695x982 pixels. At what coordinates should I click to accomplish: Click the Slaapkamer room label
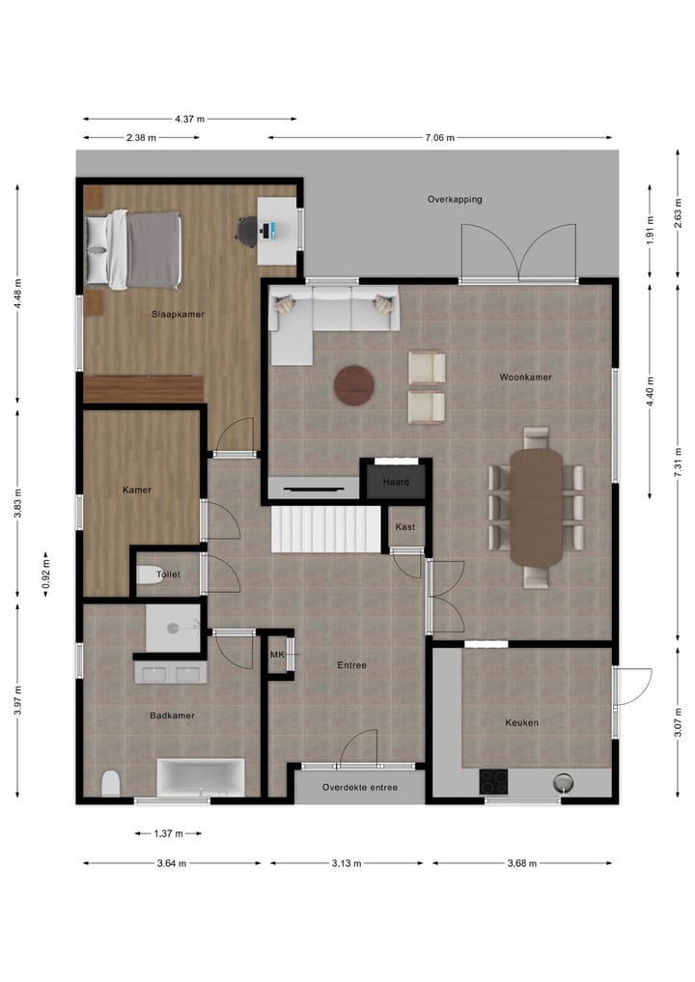coord(178,314)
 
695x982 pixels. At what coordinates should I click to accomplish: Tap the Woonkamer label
coord(525,377)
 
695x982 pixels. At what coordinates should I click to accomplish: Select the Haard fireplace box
coord(396,481)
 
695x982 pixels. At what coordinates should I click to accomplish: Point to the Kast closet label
coord(405,527)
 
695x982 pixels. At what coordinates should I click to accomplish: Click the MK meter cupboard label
coord(278,656)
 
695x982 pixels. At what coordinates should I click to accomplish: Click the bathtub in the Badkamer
coord(201,776)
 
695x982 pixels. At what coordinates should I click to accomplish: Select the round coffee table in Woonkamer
coord(354,384)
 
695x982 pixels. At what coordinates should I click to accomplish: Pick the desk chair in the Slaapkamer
coord(247,229)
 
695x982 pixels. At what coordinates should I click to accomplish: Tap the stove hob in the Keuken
coord(494,780)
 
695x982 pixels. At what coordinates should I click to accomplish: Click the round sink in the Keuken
coord(564,781)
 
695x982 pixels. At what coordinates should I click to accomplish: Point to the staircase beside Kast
coord(326,529)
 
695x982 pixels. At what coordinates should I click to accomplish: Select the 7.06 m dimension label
coord(439,138)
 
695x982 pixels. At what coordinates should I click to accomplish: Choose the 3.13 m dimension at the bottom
coord(346,863)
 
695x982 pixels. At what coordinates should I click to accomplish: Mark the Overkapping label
coord(455,200)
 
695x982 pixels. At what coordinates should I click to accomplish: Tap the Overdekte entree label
coord(360,788)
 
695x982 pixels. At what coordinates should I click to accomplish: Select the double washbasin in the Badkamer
coord(172,673)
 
